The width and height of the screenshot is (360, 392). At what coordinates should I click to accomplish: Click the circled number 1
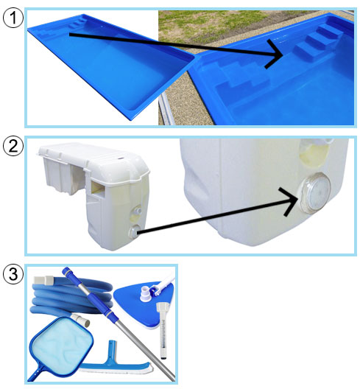[x=13, y=18]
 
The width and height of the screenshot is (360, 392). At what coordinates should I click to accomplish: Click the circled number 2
[x=13, y=146]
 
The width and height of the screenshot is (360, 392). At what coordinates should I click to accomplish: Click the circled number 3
[x=13, y=274]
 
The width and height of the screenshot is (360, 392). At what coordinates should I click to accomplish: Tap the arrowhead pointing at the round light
[x=290, y=201]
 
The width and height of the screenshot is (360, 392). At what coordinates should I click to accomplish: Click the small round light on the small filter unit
[x=134, y=231]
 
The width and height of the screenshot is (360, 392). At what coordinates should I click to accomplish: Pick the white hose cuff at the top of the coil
[x=44, y=280]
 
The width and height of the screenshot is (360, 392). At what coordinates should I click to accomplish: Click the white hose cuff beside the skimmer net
[x=80, y=320]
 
